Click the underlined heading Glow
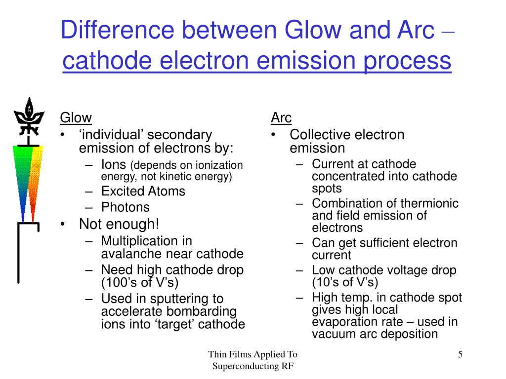76,118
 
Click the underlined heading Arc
281,117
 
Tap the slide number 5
460,354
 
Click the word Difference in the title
118,30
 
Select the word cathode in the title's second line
107,61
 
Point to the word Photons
126,207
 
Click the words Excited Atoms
143,191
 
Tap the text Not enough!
119,225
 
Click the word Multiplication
147,241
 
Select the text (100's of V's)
140,283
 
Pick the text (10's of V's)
345,282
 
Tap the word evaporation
358,322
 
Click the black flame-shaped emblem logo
29,116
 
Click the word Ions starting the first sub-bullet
114,165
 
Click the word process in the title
407,61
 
